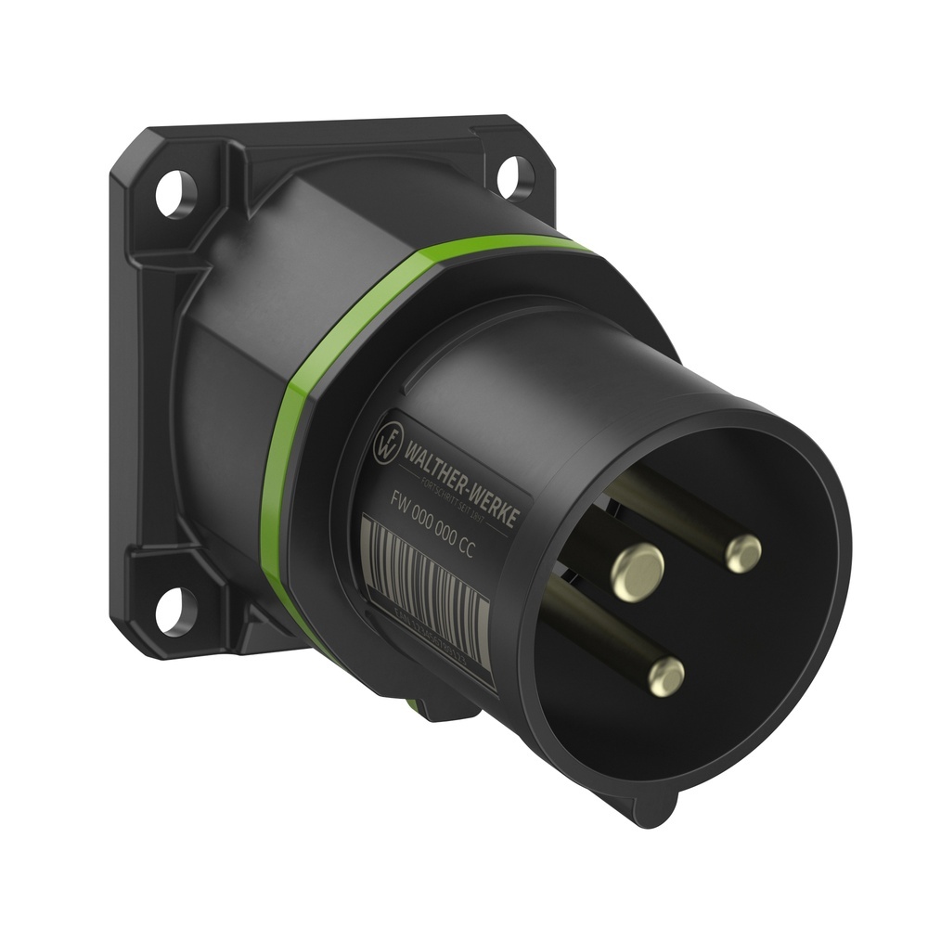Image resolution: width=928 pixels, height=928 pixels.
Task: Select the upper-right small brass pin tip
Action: pyautogui.click(x=742, y=553)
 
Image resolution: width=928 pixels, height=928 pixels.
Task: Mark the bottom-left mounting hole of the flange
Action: pyautogui.click(x=173, y=611)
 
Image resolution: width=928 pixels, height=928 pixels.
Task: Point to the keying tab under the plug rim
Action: pyautogui.click(x=650, y=807)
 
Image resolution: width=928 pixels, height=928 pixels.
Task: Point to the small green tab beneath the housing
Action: pyautogui.click(x=415, y=707)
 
